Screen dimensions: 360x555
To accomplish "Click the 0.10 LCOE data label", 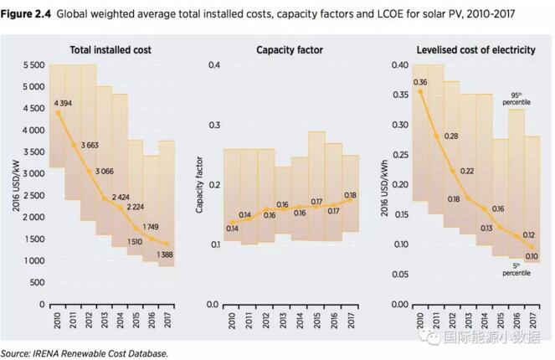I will click(530, 255).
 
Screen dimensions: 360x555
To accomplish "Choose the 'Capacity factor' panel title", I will click(289, 50).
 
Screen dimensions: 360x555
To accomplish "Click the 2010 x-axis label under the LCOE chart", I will click(420, 321).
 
